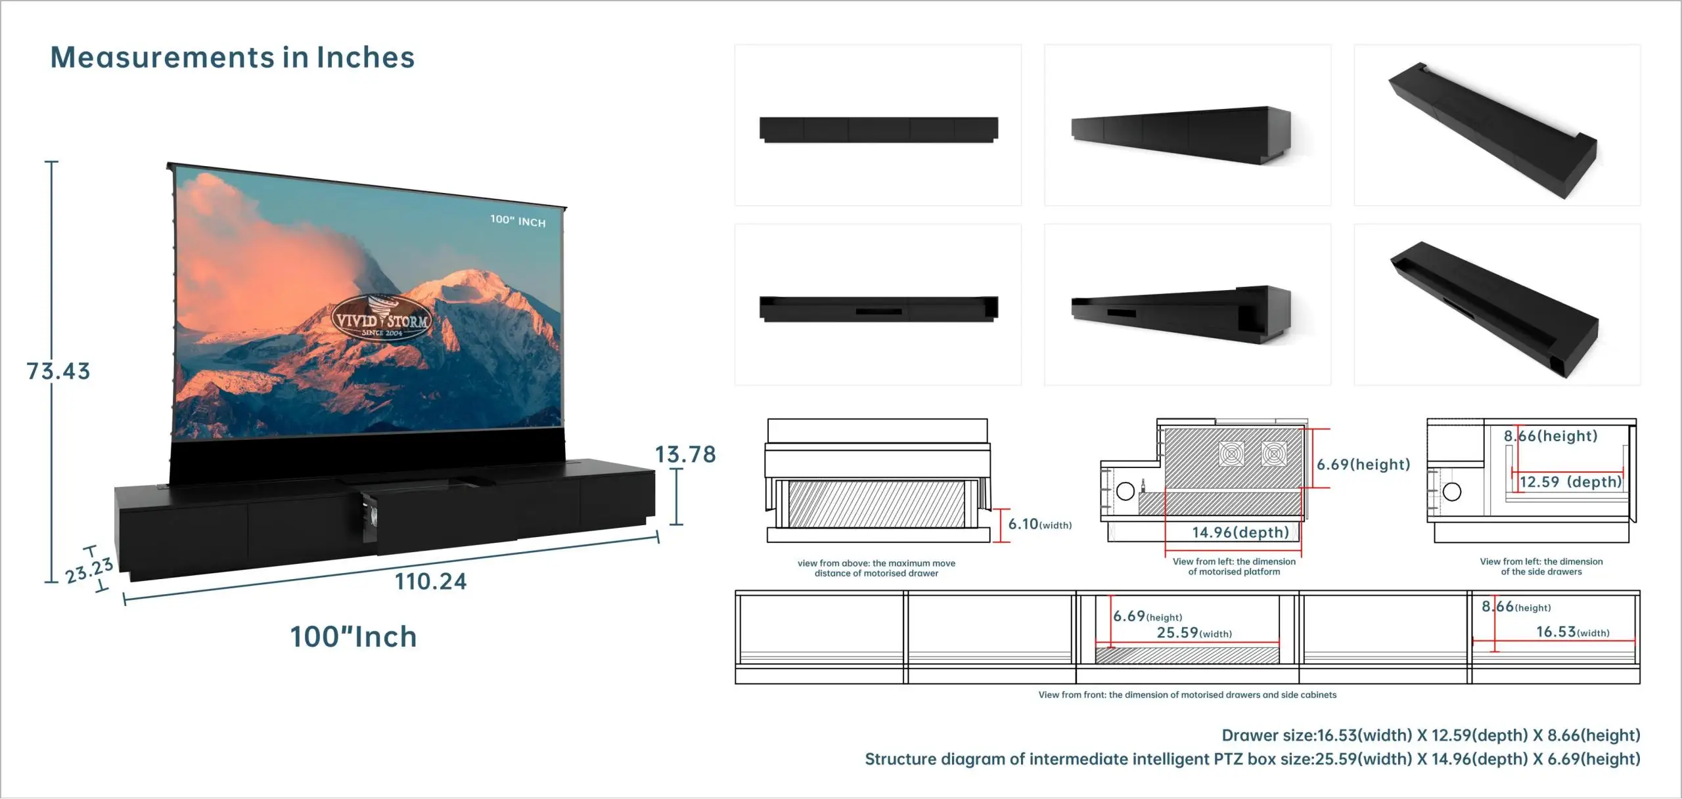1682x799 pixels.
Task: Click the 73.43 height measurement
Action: (58, 371)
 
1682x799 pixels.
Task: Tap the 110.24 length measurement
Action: (430, 582)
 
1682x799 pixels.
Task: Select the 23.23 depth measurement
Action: (89, 570)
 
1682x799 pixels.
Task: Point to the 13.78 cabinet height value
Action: (685, 454)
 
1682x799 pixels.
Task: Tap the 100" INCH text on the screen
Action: (518, 221)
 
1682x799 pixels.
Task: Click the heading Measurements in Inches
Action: (233, 58)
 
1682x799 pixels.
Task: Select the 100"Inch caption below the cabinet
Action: (353, 637)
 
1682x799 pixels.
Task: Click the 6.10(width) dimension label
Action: (1039, 524)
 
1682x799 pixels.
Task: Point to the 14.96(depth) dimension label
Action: (1240, 532)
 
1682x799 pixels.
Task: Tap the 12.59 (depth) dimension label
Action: (1570, 482)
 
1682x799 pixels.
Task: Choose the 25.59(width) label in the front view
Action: (1194, 633)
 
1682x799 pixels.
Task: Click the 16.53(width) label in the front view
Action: (1572, 632)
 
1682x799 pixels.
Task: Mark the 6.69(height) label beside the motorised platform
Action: (1363, 465)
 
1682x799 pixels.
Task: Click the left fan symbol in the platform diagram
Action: (1231, 454)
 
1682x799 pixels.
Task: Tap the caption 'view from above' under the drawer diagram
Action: (876, 568)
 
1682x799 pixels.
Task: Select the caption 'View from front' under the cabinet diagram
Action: (1187, 695)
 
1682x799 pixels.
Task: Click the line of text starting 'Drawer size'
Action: (1430, 735)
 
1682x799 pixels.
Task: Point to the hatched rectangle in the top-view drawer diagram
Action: (876, 504)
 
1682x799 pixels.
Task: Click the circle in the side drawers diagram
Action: (1451, 491)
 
